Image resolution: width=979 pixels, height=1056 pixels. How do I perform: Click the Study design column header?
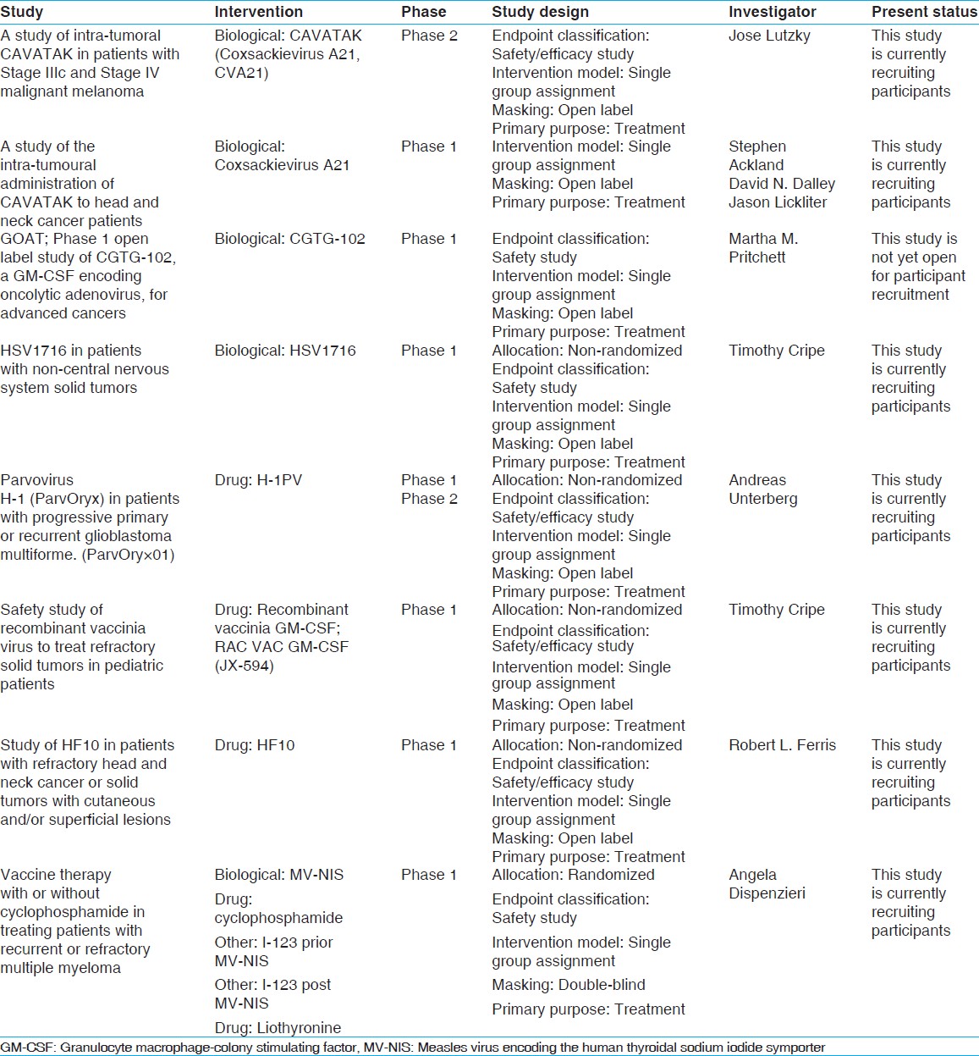[x=540, y=12]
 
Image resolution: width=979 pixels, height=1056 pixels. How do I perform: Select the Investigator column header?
[x=773, y=12]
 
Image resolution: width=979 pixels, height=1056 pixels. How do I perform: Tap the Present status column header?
[x=924, y=12]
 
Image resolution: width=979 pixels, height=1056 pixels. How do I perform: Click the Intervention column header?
[x=258, y=12]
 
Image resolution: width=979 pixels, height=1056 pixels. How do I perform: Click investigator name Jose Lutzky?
[x=769, y=36]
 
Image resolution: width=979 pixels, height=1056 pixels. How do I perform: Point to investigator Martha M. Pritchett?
[x=763, y=248]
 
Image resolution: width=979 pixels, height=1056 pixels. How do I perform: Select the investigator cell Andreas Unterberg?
[x=763, y=489]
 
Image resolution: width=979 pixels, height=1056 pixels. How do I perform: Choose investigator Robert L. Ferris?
[x=782, y=745]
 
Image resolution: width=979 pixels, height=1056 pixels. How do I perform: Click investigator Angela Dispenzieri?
[x=767, y=884]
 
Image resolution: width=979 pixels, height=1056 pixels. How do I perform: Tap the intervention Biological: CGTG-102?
[x=289, y=239]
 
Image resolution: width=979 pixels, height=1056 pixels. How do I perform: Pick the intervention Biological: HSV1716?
[x=285, y=351]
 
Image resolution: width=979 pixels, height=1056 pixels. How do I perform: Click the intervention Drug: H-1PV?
[x=258, y=480]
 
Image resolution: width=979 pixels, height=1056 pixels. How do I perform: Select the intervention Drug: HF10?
[x=255, y=745]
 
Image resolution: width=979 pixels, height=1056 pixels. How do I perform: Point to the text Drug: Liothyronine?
[x=278, y=1028]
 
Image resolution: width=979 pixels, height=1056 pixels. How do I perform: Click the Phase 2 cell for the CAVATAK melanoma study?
[x=429, y=36]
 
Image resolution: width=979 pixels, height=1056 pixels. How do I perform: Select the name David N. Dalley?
[x=782, y=184]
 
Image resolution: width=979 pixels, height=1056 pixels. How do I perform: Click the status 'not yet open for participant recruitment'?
[x=918, y=267]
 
